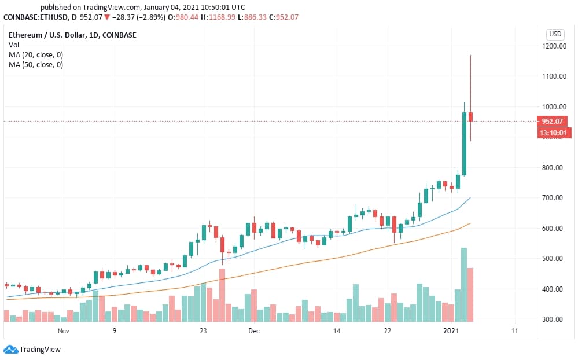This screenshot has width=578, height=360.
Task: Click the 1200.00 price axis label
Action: [554, 46]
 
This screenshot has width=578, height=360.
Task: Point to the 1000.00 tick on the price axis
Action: [554, 107]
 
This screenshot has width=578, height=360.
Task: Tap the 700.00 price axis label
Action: [554, 198]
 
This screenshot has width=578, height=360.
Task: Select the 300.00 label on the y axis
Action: [554, 319]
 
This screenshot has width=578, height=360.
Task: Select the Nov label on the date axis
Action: [64, 331]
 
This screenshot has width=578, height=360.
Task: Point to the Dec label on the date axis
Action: [254, 331]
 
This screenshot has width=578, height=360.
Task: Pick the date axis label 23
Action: [203, 331]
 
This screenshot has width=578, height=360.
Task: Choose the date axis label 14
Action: [336, 331]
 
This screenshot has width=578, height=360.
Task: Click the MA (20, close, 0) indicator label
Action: [36, 54]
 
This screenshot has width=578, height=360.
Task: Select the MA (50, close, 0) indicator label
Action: [36, 64]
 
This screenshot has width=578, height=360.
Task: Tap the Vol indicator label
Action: [13, 45]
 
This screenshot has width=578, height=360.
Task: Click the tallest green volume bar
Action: [464, 284]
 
